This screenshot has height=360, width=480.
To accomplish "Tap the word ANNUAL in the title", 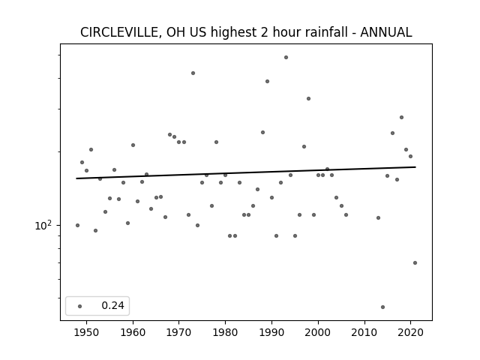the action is pos(386,32).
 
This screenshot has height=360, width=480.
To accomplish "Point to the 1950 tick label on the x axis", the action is pos(87,332).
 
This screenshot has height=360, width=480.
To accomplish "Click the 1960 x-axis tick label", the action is pos(133,332).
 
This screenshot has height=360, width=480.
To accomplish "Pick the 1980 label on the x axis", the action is pos(225,332).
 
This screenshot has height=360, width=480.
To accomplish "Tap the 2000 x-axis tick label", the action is pos(318,332).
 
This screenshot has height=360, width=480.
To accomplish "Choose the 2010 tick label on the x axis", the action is pos(364,332).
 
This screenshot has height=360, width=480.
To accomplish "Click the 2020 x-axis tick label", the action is pos(410,332).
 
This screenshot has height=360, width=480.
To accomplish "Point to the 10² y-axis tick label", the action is pos(43,225).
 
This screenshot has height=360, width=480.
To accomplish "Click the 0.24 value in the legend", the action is pos(112,305).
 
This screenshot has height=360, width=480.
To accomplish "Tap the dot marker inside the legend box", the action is pos(80,306).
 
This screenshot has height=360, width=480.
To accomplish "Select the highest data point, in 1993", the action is pos(286,57).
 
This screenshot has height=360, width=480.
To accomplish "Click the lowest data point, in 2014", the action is pos(382,307).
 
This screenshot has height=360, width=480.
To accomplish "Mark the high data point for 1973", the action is pos(193,73).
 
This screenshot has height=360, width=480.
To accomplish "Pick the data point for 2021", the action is pos(415,262).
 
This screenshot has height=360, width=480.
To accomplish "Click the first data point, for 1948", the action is pos(77,225).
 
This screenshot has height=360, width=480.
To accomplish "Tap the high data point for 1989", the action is pos(267,82).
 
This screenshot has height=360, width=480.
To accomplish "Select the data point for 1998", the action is pos(308,98).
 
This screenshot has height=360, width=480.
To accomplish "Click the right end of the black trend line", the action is pos(415,167).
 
